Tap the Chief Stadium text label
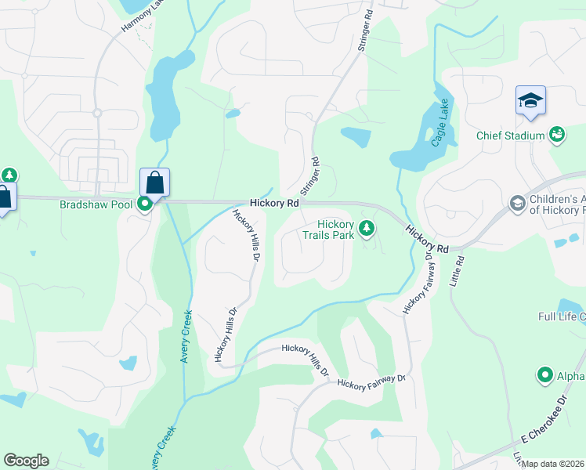tap(510, 136)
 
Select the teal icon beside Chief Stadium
tap(557, 135)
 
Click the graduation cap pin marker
tap(530, 102)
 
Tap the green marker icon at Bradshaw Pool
tap(145, 205)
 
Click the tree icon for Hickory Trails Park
tap(366, 229)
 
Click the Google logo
tap(26, 461)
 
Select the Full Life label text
tap(562, 316)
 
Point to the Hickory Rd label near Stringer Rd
tap(274, 202)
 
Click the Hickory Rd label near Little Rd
tap(427, 238)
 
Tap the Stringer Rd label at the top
tap(366, 31)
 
